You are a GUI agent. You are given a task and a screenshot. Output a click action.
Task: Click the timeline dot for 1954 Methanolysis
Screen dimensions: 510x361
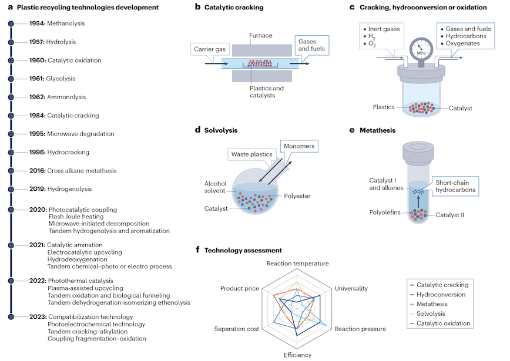(11, 23)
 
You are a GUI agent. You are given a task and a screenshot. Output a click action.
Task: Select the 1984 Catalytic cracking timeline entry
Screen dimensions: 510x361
(64, 116)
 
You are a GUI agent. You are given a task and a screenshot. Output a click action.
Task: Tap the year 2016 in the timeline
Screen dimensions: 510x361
(37, 171)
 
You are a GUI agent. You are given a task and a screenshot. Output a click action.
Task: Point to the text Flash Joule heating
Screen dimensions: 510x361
(76, 217)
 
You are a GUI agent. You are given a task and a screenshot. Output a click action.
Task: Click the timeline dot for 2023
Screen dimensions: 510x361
(11, 317)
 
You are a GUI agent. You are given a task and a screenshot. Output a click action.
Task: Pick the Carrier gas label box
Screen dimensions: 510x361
(210, 49)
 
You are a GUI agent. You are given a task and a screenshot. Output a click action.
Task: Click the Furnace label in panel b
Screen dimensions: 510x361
(260, 35)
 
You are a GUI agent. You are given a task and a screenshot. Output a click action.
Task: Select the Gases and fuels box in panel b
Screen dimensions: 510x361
(312, 45)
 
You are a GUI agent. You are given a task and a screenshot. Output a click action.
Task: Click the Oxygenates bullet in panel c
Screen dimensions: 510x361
(460, 43)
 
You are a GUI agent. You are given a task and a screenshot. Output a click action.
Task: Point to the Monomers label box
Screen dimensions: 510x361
(299, 146)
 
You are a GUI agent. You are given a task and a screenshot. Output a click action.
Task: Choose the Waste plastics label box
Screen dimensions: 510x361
(251, 154)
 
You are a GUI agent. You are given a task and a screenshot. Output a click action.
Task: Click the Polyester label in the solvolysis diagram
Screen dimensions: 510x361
(297, 196)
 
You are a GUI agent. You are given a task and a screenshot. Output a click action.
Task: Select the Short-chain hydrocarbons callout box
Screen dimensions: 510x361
(455, 186)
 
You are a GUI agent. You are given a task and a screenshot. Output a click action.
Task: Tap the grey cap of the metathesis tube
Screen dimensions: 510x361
(418, 152)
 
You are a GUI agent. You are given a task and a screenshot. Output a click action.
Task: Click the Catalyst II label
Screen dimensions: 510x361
(450, 215)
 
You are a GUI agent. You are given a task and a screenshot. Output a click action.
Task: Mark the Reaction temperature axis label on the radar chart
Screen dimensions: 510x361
(298, 264)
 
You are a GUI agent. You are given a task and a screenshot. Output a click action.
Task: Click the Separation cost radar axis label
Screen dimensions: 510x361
(236, 329)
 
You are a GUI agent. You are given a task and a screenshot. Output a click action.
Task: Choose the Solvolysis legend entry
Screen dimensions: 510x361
(427, 313)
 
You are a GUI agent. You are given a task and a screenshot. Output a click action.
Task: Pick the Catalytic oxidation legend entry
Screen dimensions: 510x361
(439, 323)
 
